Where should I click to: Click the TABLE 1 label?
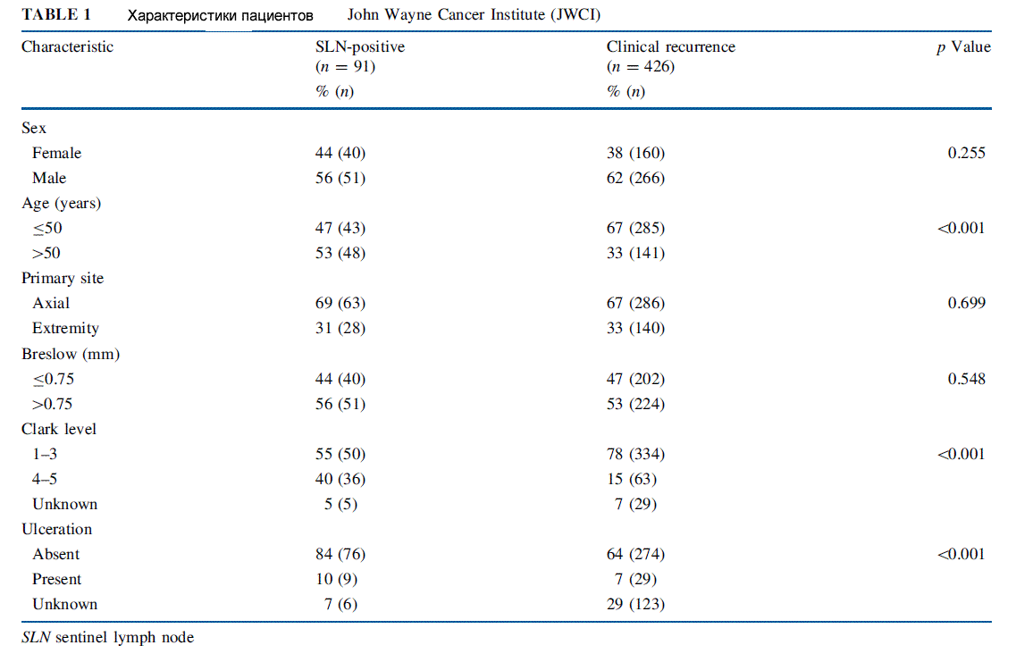55,14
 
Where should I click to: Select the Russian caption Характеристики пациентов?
221,15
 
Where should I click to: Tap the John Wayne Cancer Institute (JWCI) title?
474,14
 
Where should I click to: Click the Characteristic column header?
67,46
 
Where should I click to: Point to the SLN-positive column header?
360,46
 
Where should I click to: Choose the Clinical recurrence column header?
671,46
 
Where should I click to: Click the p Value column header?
963,46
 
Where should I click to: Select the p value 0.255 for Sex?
966,153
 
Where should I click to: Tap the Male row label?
49,178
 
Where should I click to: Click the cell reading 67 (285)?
635,228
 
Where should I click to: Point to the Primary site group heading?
63,279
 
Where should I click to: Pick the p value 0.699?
966,303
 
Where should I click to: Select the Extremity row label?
65,329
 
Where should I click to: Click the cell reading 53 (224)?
635,404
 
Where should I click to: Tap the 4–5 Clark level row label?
45,480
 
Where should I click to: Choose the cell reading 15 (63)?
632,480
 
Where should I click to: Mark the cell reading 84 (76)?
340,555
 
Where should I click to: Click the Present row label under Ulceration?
57,579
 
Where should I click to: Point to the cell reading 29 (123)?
635,604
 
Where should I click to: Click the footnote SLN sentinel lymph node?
107,637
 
